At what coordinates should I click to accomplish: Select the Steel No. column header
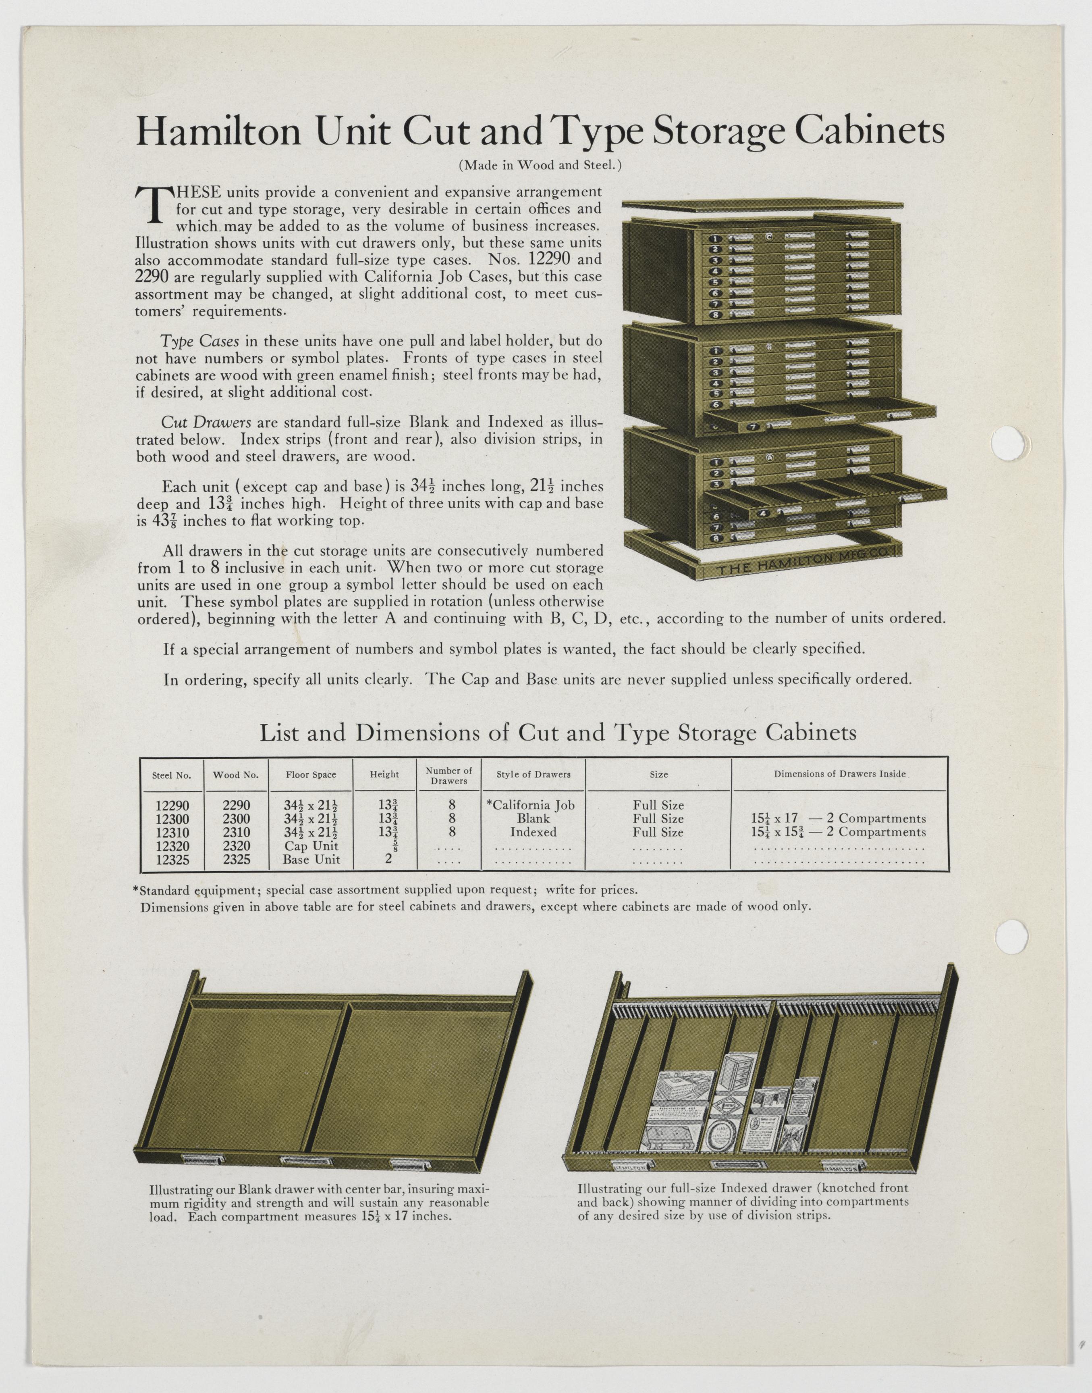171,775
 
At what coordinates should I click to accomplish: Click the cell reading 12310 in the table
171,832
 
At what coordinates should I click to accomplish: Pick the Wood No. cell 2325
236,860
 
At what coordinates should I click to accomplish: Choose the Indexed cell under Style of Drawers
533,832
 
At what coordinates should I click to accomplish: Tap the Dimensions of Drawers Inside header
839,774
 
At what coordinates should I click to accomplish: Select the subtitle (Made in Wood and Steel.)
540,165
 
